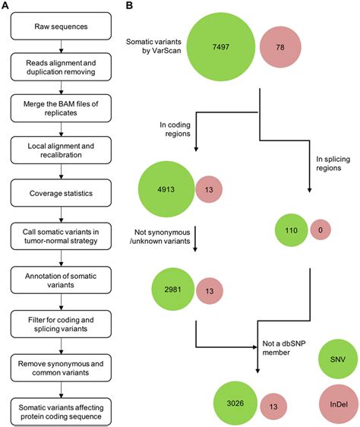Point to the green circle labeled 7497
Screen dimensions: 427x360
218,47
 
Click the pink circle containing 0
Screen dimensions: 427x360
316,229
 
